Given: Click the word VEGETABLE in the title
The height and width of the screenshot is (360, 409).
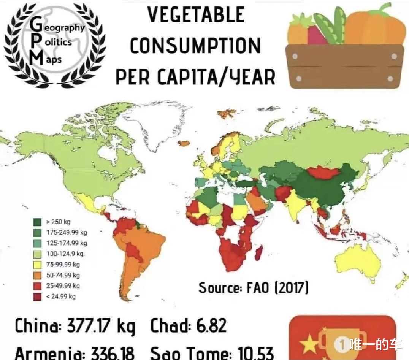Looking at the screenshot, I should tap(195, 15).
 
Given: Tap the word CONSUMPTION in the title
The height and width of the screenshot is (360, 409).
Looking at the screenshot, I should tap(195, 46).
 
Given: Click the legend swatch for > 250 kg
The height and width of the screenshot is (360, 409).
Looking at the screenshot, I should tap(38, 222).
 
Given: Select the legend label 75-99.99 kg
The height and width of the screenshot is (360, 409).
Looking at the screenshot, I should tap(63, 264).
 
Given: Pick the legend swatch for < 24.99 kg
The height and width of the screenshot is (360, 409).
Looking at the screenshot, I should tap(38, 297).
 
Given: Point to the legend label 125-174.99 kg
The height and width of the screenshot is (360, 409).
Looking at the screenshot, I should tap(67, 243).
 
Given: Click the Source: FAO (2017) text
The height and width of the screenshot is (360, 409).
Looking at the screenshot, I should tap(253, 287).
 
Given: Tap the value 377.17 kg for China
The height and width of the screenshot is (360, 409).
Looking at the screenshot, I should tap(101, 326).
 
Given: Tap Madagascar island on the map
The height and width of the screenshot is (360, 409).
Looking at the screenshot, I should tap(258, 252).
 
